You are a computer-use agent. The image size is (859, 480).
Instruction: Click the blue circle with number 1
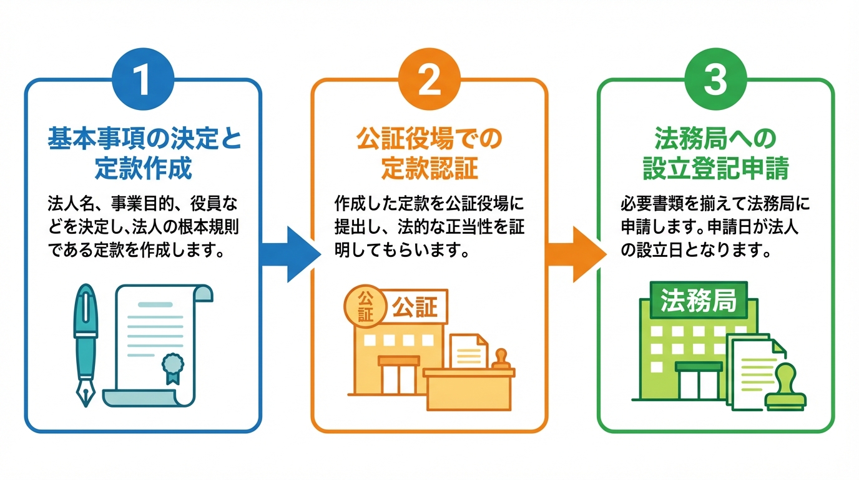(143, 82)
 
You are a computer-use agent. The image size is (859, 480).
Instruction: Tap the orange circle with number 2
(429, 82)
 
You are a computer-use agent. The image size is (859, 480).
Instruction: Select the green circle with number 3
(715, 82)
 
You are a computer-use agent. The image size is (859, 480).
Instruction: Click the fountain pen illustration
(86, 337)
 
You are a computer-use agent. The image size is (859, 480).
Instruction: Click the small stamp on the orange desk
(501, 361)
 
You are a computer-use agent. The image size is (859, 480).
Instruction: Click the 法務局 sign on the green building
(698, 301)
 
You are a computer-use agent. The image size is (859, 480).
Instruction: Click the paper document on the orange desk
(468, 351)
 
